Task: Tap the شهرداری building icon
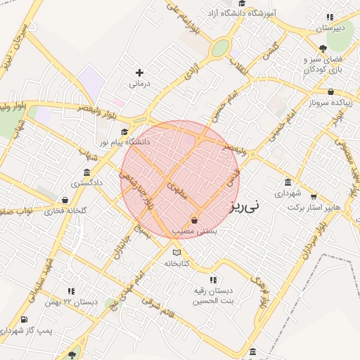tap(288, 182)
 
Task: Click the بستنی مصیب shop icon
tap(194, 221)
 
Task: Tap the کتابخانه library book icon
tap(176, 252)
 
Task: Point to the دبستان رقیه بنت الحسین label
tap(214, 295)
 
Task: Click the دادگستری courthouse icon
tap(86, 172)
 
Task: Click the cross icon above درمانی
tap(139, 72)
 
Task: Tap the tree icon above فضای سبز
tap(323, 48)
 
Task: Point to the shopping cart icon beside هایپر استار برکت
tap(314, 197)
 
